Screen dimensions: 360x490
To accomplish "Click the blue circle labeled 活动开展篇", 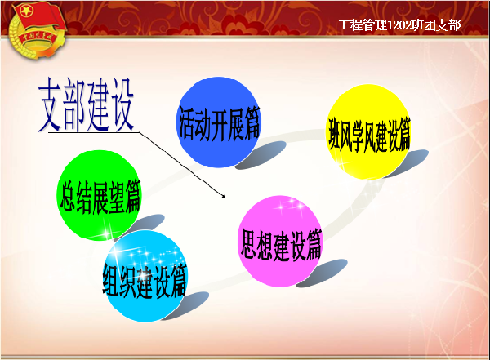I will (x=218, y=121).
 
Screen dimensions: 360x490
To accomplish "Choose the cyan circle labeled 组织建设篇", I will (x=145, y=276).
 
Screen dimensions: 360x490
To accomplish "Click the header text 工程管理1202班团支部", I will (x=399, y=24).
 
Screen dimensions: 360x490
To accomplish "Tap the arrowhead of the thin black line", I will (x=224, y=196).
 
